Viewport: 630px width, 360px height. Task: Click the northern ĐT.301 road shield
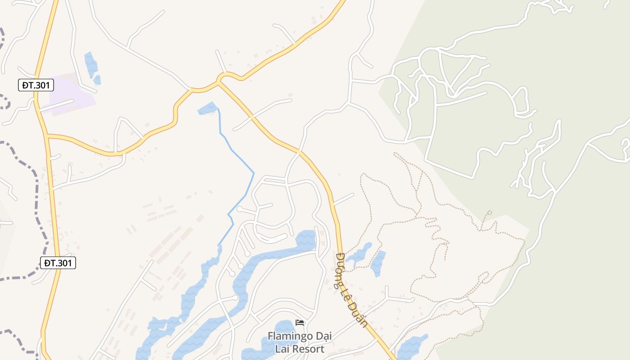(36, 85)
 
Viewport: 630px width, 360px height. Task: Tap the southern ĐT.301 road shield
(58, 263)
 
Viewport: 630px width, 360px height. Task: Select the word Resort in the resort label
(308, 349)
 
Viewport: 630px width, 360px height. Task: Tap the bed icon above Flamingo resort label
(300, 323)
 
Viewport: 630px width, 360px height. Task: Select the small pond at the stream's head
(207, 108)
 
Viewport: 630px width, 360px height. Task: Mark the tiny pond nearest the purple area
(97, 80)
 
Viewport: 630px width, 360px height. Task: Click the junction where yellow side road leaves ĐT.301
(47, 135)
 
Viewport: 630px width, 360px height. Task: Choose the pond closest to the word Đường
(359, 256)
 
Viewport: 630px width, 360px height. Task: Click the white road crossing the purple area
(56, 106)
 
